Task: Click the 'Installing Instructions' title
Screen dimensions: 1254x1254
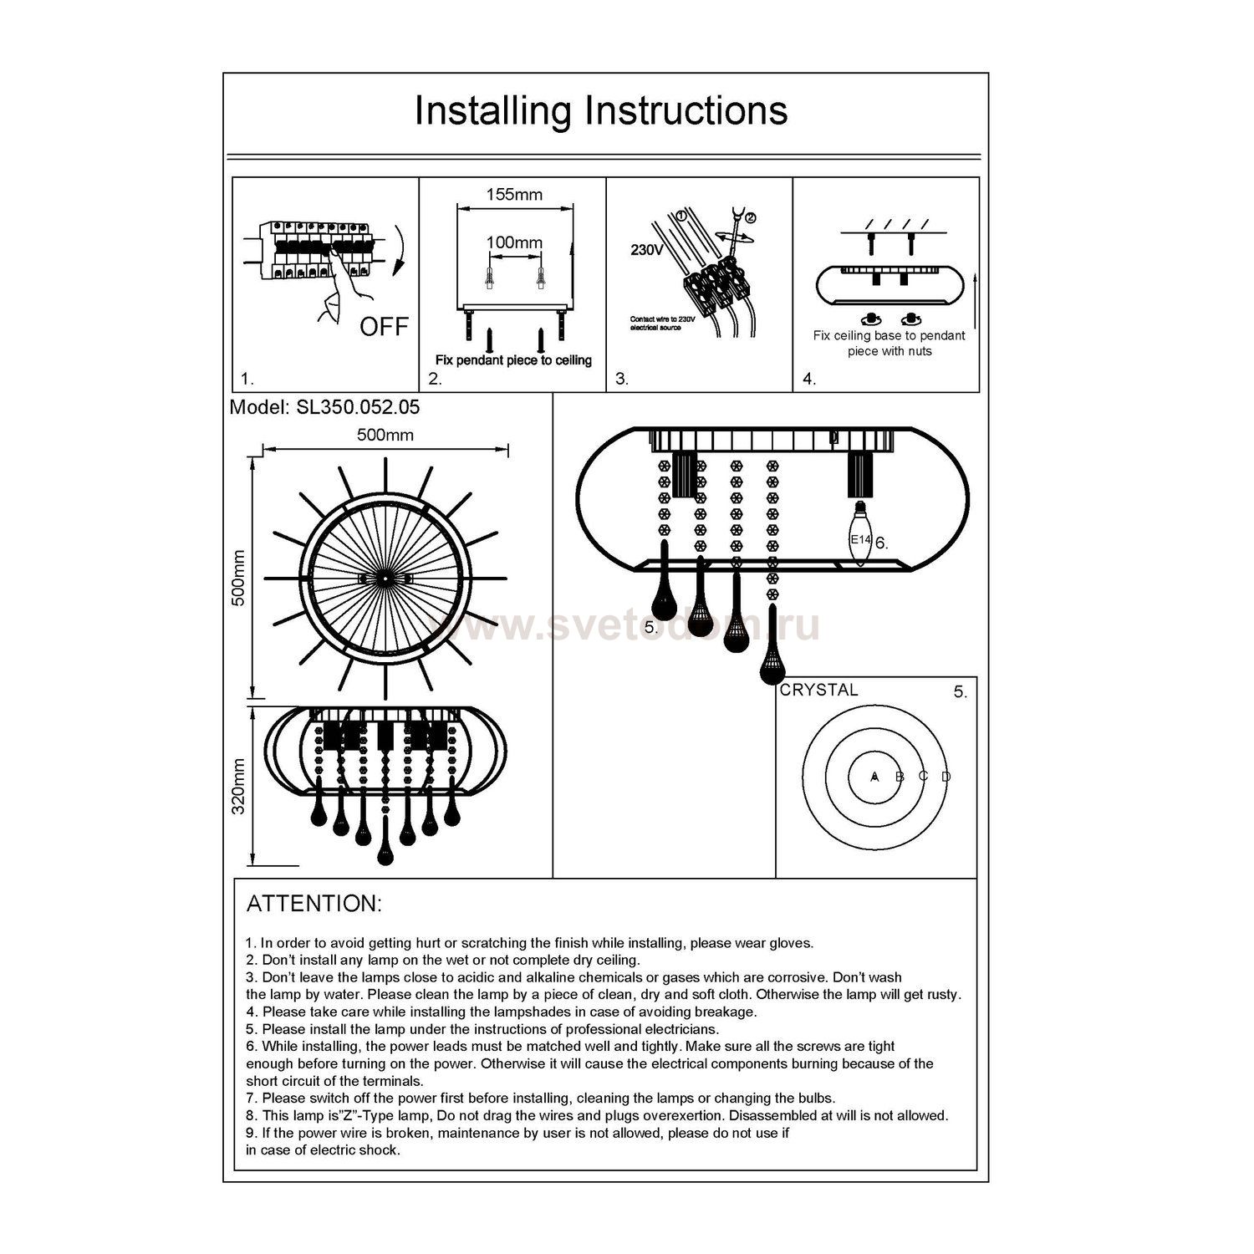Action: [601, 111]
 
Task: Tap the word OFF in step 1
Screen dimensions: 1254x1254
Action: [384, 327]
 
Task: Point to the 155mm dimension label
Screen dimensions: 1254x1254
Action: [514, 195]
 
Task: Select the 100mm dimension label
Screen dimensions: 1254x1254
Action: [514, 242]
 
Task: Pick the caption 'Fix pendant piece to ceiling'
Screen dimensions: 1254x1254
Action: [513, 360]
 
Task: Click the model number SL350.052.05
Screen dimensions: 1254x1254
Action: [325, 408]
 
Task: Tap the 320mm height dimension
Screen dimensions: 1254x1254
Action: [239, 787]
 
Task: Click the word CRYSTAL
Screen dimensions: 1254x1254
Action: [818, 691]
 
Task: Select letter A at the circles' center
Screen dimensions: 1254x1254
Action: [874, 777]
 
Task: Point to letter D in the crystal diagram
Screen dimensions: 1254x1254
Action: [946, 777]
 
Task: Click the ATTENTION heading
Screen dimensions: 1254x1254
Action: [314, 904]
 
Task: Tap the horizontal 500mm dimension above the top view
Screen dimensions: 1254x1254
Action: [385, 436]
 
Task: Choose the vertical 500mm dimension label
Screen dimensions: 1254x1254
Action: [239, 579]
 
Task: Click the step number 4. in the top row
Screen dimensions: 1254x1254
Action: [809, 379]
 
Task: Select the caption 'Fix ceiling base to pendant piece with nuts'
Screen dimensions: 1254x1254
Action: [889, 344]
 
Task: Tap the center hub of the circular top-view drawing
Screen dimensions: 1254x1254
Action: [385, 579]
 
